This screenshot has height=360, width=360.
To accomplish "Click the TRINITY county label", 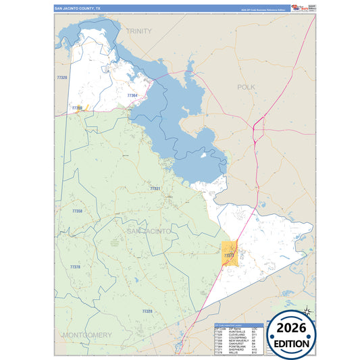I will [x=139, y=31].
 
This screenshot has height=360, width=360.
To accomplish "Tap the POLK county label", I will [x=247, y=87].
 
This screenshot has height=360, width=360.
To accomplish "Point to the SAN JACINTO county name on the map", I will [x=149, y=231].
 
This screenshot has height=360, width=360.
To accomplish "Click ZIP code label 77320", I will [x=62, y=78].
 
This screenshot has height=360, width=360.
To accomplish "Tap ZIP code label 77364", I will [x=132, y=96].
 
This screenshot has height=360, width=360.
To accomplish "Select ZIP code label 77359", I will [x=78, y=108].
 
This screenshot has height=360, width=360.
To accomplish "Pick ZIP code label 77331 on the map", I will [x=155, y=188].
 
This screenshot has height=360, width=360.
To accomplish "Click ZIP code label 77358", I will [x=77, y=211].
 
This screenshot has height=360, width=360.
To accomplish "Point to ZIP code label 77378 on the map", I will [x=75, y=267].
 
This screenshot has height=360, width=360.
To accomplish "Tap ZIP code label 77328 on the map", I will [x=147, y=311].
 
